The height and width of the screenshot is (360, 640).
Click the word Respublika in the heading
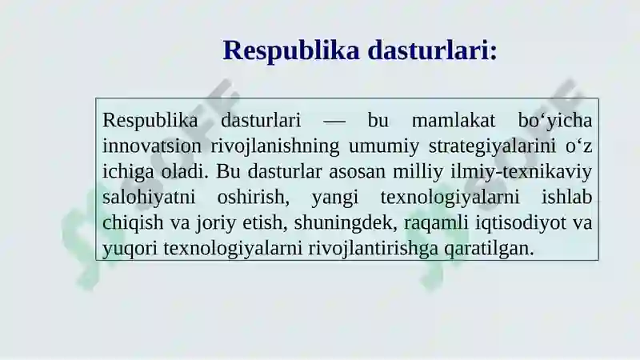(x=291, y=51)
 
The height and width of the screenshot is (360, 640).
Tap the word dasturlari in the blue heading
(x=428, y=50)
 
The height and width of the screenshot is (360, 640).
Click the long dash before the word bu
(x=334, y=122)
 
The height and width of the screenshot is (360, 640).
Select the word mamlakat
(x=454, y=121)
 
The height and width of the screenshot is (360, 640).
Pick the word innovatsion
(x=152, y=146)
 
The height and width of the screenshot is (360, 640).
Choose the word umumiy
(x=384, y=147)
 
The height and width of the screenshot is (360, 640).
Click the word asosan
(x=357, y=172)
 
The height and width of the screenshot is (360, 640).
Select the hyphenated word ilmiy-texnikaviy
(x=522, y=172)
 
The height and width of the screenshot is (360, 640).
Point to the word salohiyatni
(x=149, y=197)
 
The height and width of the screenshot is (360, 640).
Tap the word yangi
(x=335, y=198)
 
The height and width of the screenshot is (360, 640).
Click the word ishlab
(x=567, y=197)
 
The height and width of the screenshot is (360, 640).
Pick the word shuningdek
(x=346, y=223)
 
